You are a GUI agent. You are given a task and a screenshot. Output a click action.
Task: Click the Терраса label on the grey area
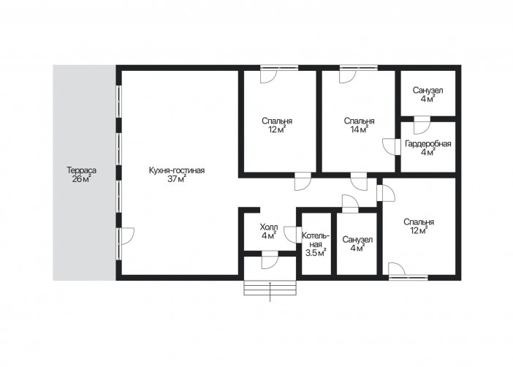click(81, 170)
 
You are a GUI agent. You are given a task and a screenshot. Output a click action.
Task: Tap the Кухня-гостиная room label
click(177, 170)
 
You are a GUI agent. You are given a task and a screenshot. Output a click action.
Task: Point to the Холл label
click(269, 227)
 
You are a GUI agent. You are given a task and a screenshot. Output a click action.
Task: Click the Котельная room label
click(316, 240)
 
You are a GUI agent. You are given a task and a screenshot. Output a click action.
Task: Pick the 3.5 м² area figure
click(316, 252)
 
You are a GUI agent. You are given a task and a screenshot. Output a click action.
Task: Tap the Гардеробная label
click(428, 144)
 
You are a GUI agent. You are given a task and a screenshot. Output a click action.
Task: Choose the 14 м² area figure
click(360, 129)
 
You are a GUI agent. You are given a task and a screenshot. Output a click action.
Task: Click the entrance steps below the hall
click(270, 288)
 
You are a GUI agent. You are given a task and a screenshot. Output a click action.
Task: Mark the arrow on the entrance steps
click(270, 292)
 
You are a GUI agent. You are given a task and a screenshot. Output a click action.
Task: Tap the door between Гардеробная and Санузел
click(422, 125)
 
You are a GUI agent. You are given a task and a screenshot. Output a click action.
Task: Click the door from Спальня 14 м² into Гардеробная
click(391, 147)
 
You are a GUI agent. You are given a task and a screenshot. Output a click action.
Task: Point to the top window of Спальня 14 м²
click(359, 68)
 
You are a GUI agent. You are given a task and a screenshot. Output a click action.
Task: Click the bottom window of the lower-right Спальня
click(408, 278)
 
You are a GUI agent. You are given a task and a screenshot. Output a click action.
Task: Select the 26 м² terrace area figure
click(81, 179)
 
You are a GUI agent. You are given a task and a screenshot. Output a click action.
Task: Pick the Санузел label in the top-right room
click(428, 90)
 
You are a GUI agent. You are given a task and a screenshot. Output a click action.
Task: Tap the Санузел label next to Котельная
click(357, 240)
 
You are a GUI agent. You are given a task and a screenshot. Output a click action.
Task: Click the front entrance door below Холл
click(270, 260)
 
